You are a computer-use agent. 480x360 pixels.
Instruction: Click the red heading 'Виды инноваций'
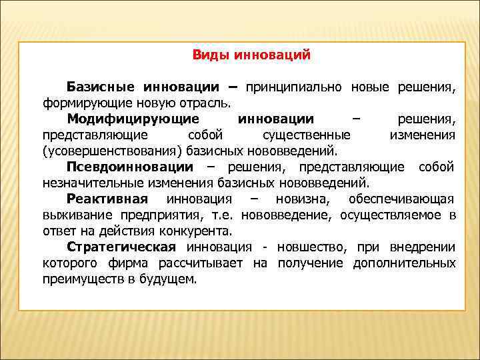pyautogui.click(x=251, y=55)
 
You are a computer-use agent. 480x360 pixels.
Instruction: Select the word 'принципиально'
pyautogui.click(x=294, y=87)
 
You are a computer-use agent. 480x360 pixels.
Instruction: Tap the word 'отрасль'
pyautogui.click(x=207, y=103)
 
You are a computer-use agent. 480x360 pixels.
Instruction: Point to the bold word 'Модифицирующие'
pyautogui.click(x=133, y=119)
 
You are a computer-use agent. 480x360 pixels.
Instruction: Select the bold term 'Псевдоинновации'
pyautogui.click(x=130, y=167)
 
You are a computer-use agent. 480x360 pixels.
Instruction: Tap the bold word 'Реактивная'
pyautogui.click(x=107, y=199)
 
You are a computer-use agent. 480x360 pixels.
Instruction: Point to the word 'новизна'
pyautogui.click(x=299, y=199)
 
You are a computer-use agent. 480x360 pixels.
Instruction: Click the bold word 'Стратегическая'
pyautogui.click(x=120, y=247)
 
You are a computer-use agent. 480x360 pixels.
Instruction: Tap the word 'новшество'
pyautogui.click(x=308, y=247)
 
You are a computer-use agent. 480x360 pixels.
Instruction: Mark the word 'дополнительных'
pyautogui.click(x=406, y=263)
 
